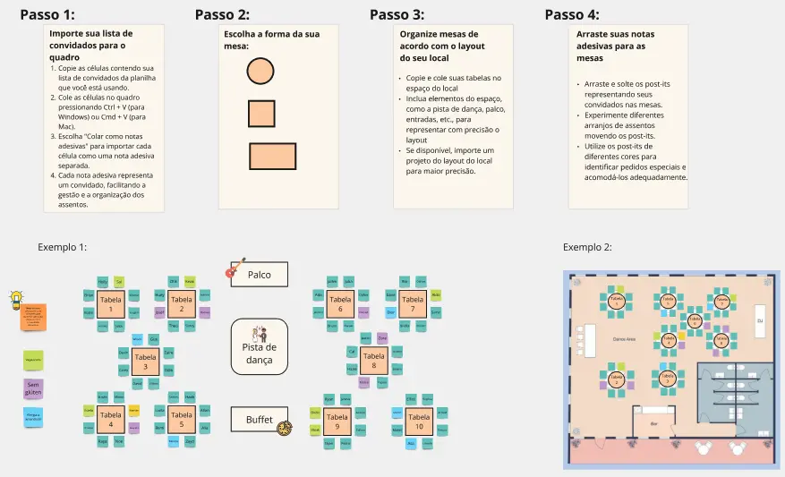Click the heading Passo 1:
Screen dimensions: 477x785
coord(47,14)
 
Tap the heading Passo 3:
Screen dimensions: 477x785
coord(397,14)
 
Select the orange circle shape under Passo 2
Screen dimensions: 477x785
coord(260,71)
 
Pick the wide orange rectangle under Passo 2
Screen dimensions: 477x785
coord(272,156)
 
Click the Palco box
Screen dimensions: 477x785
coord(259,275)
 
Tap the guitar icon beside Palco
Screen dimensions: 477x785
coord(235,268)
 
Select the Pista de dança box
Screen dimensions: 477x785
coord(259,346)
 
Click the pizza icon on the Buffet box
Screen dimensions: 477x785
coord(285,429)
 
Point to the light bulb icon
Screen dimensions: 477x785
coord(15,300)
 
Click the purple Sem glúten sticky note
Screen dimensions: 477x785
coord(33,389)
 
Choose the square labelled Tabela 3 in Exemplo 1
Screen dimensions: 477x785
coord(145,362)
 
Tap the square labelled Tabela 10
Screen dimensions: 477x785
coord(418,421)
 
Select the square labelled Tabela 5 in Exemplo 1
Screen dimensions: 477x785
coord(181,419)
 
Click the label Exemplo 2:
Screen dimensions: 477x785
coord(587,247)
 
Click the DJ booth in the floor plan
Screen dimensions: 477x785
coord(760,319)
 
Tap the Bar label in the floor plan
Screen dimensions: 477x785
coord(653,422)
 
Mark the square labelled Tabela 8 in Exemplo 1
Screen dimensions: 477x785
coord(374,361)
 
